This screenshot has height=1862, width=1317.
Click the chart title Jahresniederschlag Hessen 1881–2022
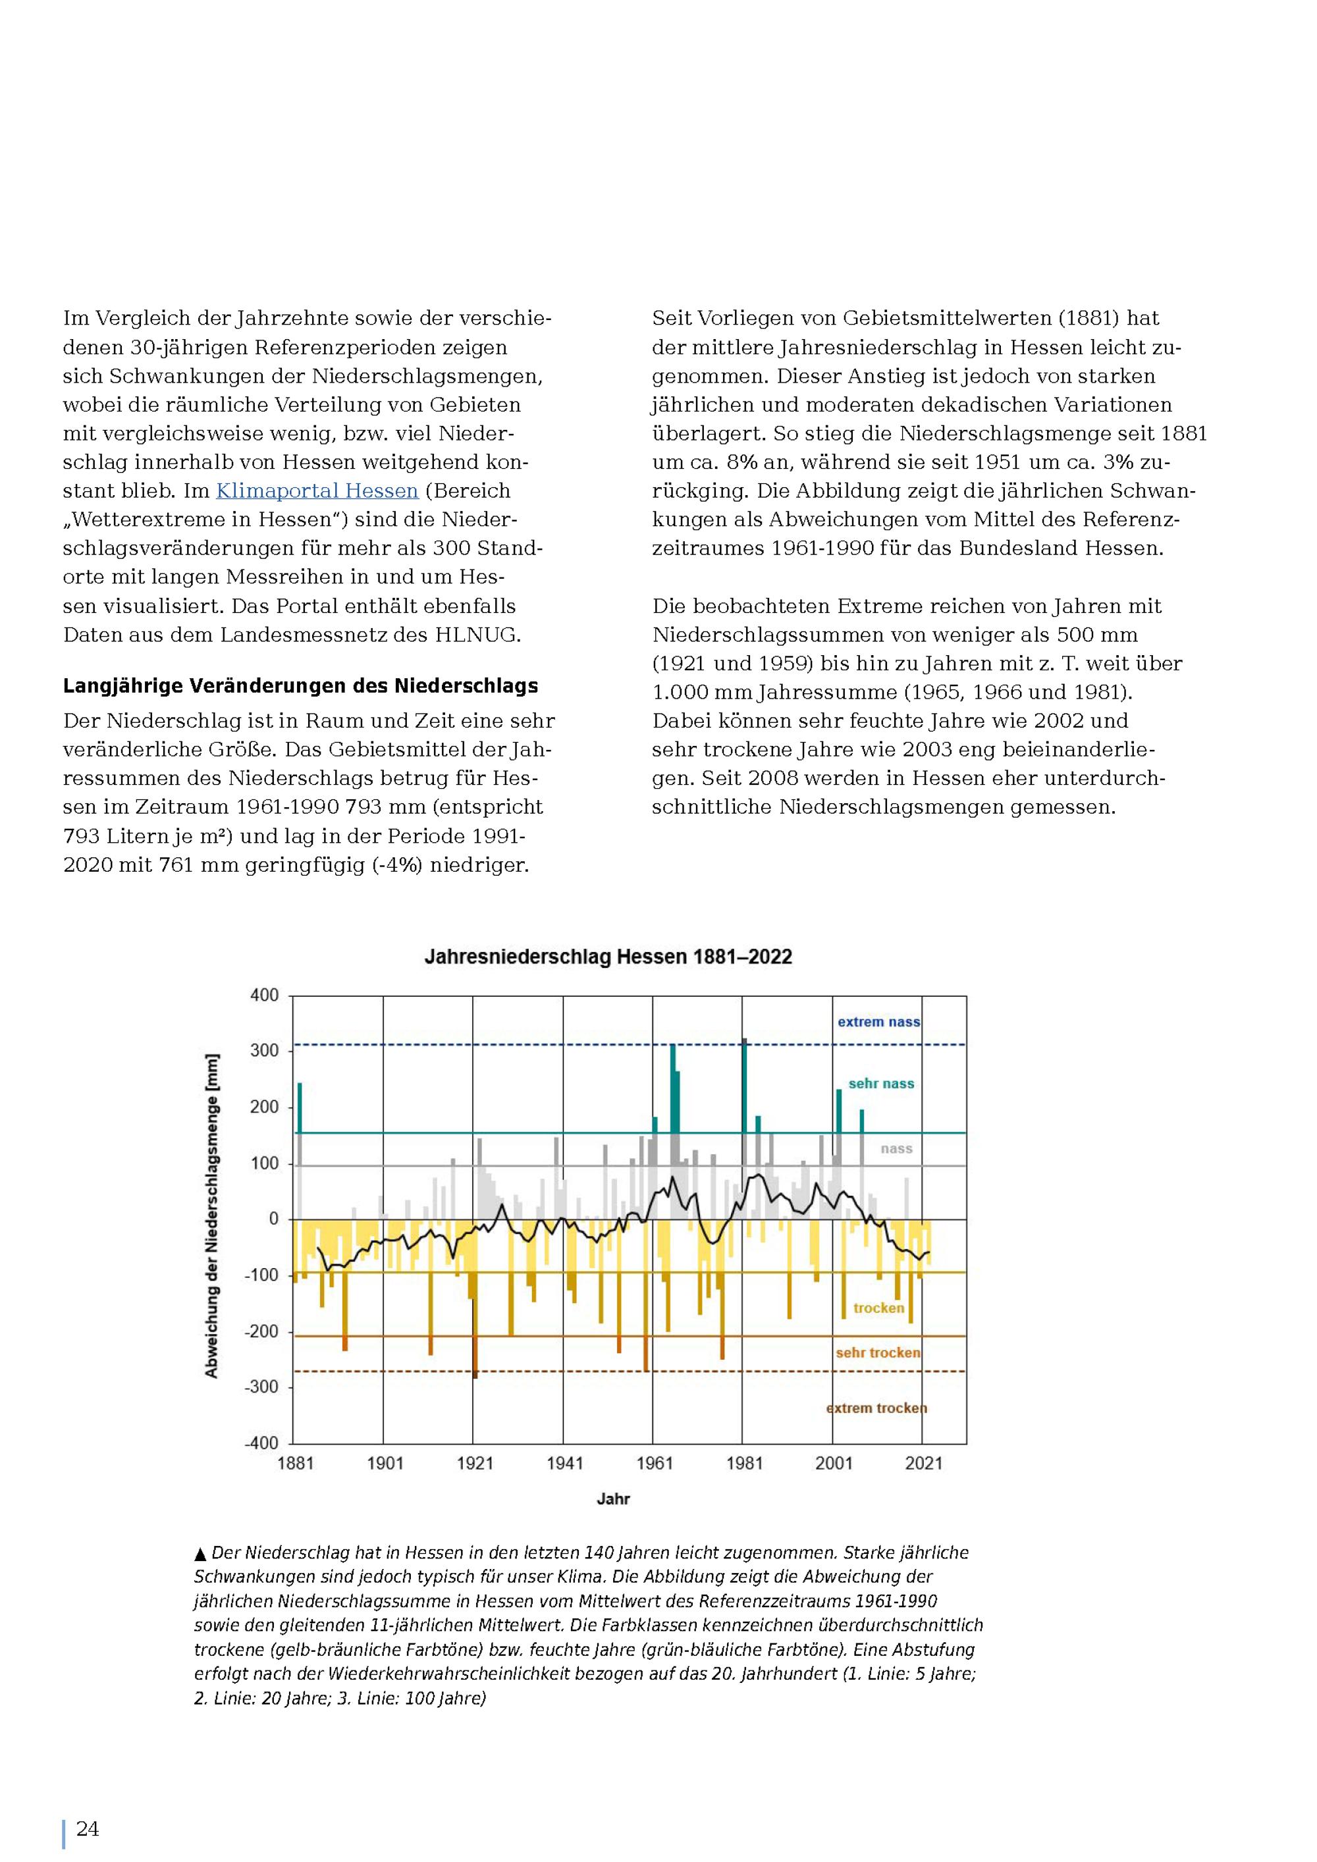point(608,957)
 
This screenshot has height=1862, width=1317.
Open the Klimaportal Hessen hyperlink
point(317,491)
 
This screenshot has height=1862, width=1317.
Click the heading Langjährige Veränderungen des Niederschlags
point(301,686)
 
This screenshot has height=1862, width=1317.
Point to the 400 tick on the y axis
point(264,995)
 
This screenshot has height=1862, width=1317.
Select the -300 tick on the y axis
point(262,1387)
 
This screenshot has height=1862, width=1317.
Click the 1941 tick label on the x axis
point(564,1463)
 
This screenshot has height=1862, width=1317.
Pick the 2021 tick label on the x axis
point(924,1463)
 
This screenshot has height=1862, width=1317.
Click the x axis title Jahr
point(613,1499)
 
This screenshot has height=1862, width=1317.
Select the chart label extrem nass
point(879,1022)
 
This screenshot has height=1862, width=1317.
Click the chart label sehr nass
point(882,1084)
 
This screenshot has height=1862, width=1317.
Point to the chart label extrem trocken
point(876,1408)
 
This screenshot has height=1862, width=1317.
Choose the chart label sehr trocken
point(878,1352)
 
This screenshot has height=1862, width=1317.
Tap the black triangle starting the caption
point(200,1554)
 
